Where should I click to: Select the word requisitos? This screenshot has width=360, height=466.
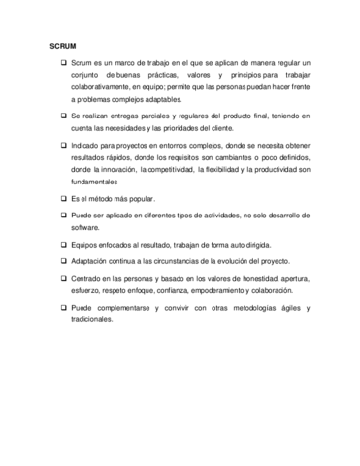[178, 156]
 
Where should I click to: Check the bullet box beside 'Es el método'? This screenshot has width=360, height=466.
[63, 199]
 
